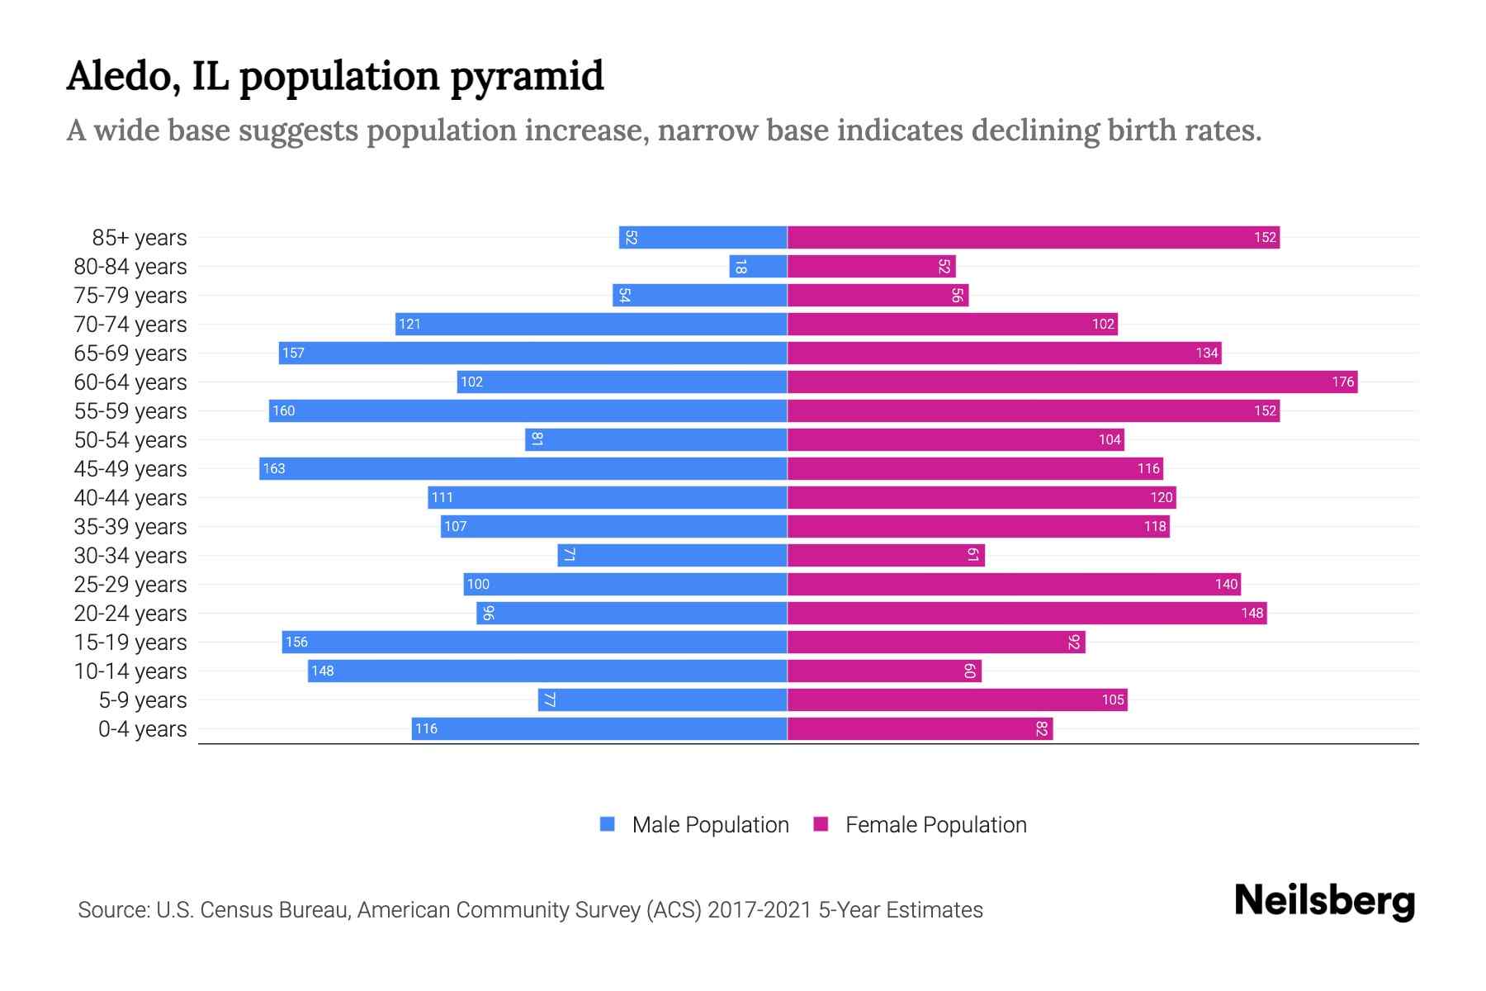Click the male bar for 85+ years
(x=703, y=238)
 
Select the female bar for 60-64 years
(x=1072, y=382)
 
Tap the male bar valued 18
(x=758, y=267)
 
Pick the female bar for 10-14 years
(x=884, y=671)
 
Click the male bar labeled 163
(x=523, y=469)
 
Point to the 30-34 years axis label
(x=130, y=556)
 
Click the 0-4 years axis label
(x=142, y=729)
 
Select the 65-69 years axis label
(x=130, y=353)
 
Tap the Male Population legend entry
(x=693, y=825)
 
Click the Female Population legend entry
(x=920, y=825)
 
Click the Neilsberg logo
(x=1324, y=901)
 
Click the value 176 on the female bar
(x=1342, y=382)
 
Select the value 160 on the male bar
(x=283, y=411)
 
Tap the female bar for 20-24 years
(x=1026, y=614)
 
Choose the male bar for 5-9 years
(x=662, y=700)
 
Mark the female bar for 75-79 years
(x=878, y=296)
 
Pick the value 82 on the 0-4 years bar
(x=1042, y=729)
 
